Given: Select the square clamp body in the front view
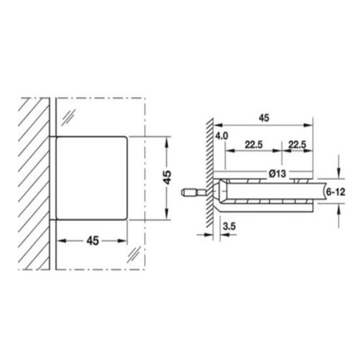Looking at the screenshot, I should [x=91, y=178].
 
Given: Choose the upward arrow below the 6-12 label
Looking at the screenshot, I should [x=338, y=210].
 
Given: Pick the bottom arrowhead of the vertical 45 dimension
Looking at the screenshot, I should [x=167, y=215].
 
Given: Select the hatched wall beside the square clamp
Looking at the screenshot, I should [x=35, y=180].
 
